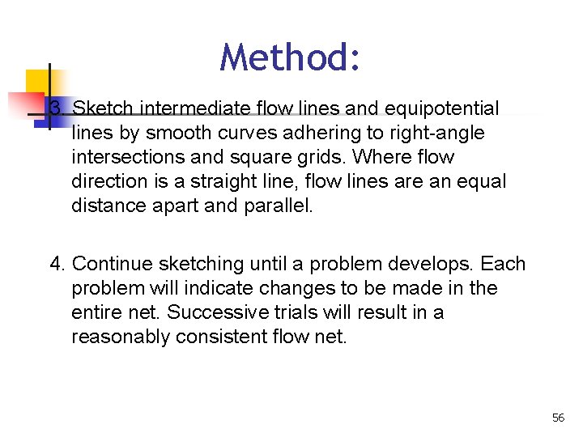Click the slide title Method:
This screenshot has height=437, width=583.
[x=291, y=57]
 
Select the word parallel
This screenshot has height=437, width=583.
[x=278, y=206]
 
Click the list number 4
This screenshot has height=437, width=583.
[x=56, y=265]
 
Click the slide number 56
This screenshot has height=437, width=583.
[x=558, y=418]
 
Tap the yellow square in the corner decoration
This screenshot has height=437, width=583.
[x=36, y=81]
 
